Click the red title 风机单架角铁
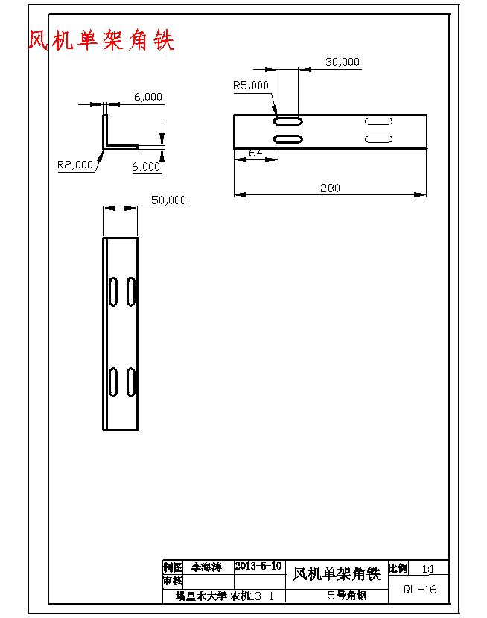pos(101,40)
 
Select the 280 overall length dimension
pos(330,188)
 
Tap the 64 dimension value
pos(255,153)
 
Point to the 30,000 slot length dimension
pos(343,62)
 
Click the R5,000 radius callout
pos(251,86)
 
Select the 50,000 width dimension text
pos(168,200)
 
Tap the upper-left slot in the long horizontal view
pos(288,121)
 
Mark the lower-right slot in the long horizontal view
pos(378,139)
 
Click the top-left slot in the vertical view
pos(113,290)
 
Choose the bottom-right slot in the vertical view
pos(131,381)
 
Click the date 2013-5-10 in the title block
pos(258,566)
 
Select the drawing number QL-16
pos(420,589)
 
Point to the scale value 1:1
pos(428,569)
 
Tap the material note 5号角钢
pos(347,596)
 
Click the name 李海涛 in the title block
pos(206,567)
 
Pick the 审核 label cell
pos(172,581)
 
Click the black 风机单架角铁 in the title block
pos(336,574)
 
